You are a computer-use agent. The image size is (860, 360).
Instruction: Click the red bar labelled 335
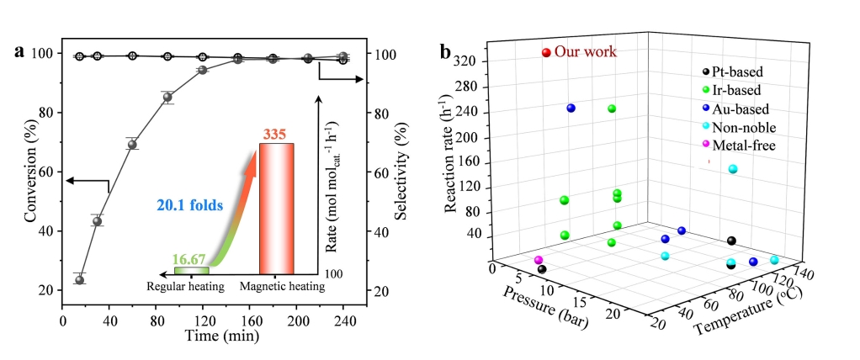(276, 208)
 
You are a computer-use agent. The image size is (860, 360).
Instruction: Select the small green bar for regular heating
(191, 270)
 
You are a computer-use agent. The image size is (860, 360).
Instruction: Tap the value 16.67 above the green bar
(191, 258)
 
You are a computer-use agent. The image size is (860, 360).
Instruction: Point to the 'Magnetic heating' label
(282, 286)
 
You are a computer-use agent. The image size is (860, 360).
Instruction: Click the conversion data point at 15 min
(80, 279)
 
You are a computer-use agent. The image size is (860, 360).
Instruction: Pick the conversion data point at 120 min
(203, 70)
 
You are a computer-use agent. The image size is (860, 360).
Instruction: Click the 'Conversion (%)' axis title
(31, 172)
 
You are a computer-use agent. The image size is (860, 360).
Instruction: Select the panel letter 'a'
(19, 51)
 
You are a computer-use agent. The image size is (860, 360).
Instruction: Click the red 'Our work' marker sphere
(546, 53)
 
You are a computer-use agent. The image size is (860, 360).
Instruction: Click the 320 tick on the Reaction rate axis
(468, 61)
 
